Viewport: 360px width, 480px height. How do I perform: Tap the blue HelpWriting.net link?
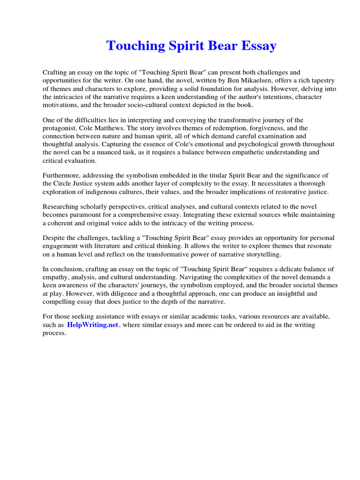[x=92, y=325]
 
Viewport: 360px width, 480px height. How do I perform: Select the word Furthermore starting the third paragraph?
[x=62, y=176]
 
